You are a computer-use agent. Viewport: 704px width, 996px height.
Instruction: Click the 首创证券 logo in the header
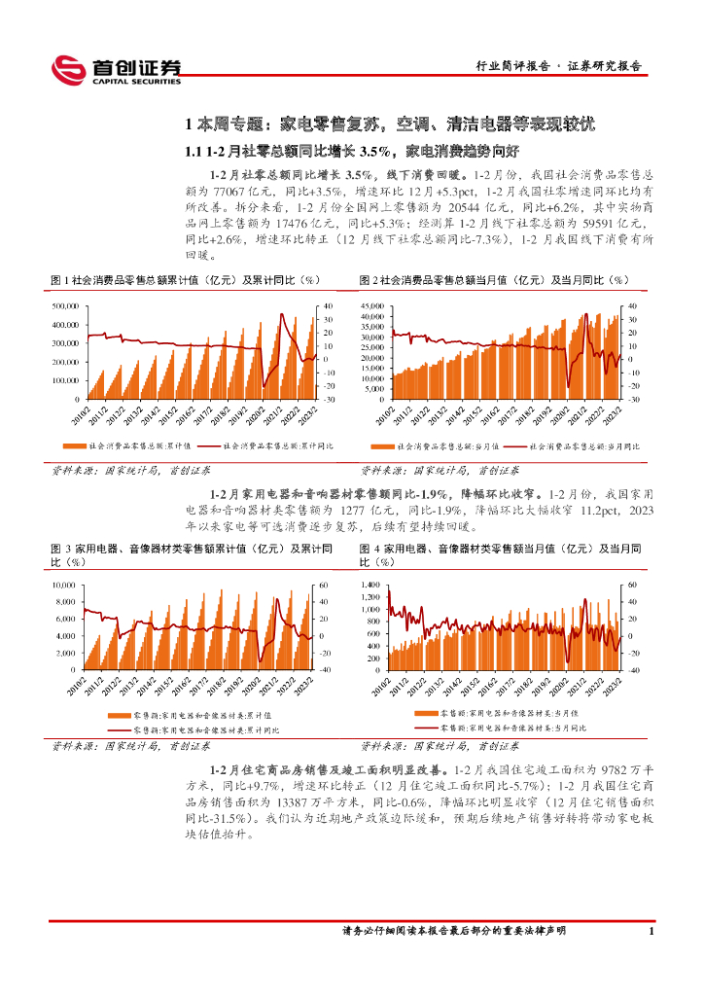[116, 68]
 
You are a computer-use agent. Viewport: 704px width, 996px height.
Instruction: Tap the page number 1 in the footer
[650, 932]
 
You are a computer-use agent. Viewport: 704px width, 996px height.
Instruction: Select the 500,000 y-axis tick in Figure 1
[66, 306]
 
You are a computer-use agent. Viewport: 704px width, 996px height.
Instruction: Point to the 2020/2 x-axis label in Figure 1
[248, 416]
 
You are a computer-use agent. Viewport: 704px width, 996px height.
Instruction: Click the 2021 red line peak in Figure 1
[282, 314]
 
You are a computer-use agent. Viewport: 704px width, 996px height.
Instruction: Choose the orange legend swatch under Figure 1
[73, 445]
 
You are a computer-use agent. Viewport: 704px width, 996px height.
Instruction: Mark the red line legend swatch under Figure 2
[513, 445]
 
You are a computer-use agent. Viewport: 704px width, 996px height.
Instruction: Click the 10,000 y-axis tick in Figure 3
[64, 585]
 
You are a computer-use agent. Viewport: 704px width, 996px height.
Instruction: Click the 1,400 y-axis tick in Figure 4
[373, 585]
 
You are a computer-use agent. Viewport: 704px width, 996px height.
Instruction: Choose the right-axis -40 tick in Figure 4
[632, 670]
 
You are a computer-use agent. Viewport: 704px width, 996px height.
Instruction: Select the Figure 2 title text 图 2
[369, 280]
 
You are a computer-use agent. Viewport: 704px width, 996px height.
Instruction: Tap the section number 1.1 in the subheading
[194, 151]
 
